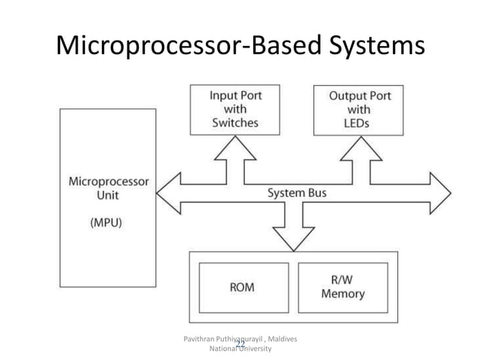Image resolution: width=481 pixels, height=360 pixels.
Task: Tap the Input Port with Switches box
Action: pyautogui.click(x=234, y=108)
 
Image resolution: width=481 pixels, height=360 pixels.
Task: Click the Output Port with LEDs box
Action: pyautogui.click(x=359, y=108)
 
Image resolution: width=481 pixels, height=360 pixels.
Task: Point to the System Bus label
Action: pyautogui.click(x=297, y=194)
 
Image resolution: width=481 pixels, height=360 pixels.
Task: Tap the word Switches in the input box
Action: pyautogui.click(x=234, y=123)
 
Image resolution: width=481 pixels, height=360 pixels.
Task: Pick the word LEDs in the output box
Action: pyautogui.click(x=359, y=123)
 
